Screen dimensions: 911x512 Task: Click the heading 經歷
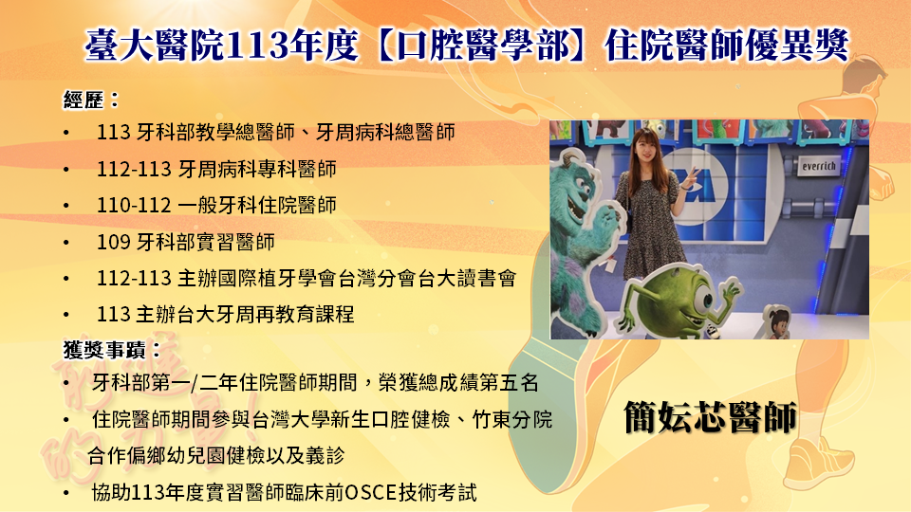coord(84,100)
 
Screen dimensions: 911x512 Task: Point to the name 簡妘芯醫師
coord(710,417)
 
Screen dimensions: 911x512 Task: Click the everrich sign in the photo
coord(819,167)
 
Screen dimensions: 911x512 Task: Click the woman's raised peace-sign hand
coord(690,178)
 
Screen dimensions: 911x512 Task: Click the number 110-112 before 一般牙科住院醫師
coord(134,206)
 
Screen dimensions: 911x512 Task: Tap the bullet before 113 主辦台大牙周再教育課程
coord(66,315)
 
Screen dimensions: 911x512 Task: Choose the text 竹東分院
coord(511,419)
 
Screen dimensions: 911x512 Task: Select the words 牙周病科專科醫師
coord(257,169)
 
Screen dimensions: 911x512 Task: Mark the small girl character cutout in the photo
coord(777,321)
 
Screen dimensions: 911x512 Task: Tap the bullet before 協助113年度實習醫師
coord(66,494)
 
